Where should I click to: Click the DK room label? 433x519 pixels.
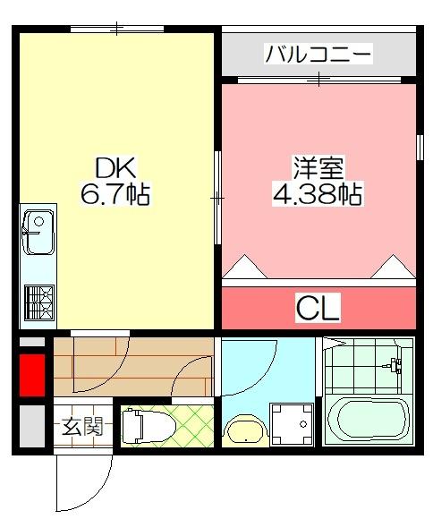(x=115, y=166)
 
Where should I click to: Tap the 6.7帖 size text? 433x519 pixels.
(x=115, y=192)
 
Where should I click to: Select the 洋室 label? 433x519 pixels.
(x=318, y=167)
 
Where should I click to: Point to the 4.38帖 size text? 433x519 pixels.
(x=318, y=193)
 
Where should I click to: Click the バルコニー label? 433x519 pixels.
(x=318, y=56)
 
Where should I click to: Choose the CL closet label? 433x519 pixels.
(x=318, y=310)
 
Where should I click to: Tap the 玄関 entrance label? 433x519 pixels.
(x=81, y=426)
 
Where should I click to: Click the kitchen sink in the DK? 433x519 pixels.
(x=38, y=229)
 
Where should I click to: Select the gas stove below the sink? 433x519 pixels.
(x=38, y=301)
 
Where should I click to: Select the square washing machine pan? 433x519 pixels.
(x=292, y=422)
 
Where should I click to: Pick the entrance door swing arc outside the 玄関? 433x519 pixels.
(x=85, y=483)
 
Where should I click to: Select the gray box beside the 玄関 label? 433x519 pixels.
(x=31, y=427)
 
